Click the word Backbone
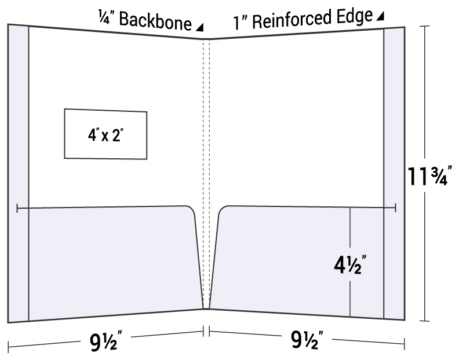(155, 20)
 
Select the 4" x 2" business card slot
(105, 134)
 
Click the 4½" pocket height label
(350, 265)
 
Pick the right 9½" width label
(307, 339)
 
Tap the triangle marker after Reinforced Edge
(380, 16)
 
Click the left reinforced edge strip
(18, 173)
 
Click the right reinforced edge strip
(394, 173)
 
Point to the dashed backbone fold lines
(206, 173)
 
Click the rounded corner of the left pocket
(191, 210)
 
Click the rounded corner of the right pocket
(223, 210)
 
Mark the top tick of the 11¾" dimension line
(425, 26)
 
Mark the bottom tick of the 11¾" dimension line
(425, 321)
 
